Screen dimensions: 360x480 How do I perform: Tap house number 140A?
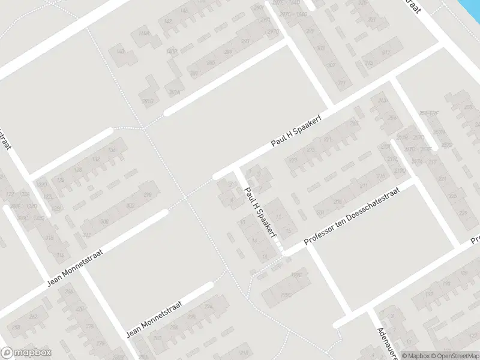click(144, 34)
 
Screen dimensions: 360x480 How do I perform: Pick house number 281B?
click(146, 100)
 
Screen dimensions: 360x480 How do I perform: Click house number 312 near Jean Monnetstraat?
click(87, 235)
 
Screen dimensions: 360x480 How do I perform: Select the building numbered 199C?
click(286, 295)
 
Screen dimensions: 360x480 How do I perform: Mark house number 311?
click(342, 83)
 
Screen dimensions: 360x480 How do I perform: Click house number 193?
click(429, 294)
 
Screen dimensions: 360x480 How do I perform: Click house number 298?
click(148, 194)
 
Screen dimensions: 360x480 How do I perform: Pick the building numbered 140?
click(121, 52)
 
